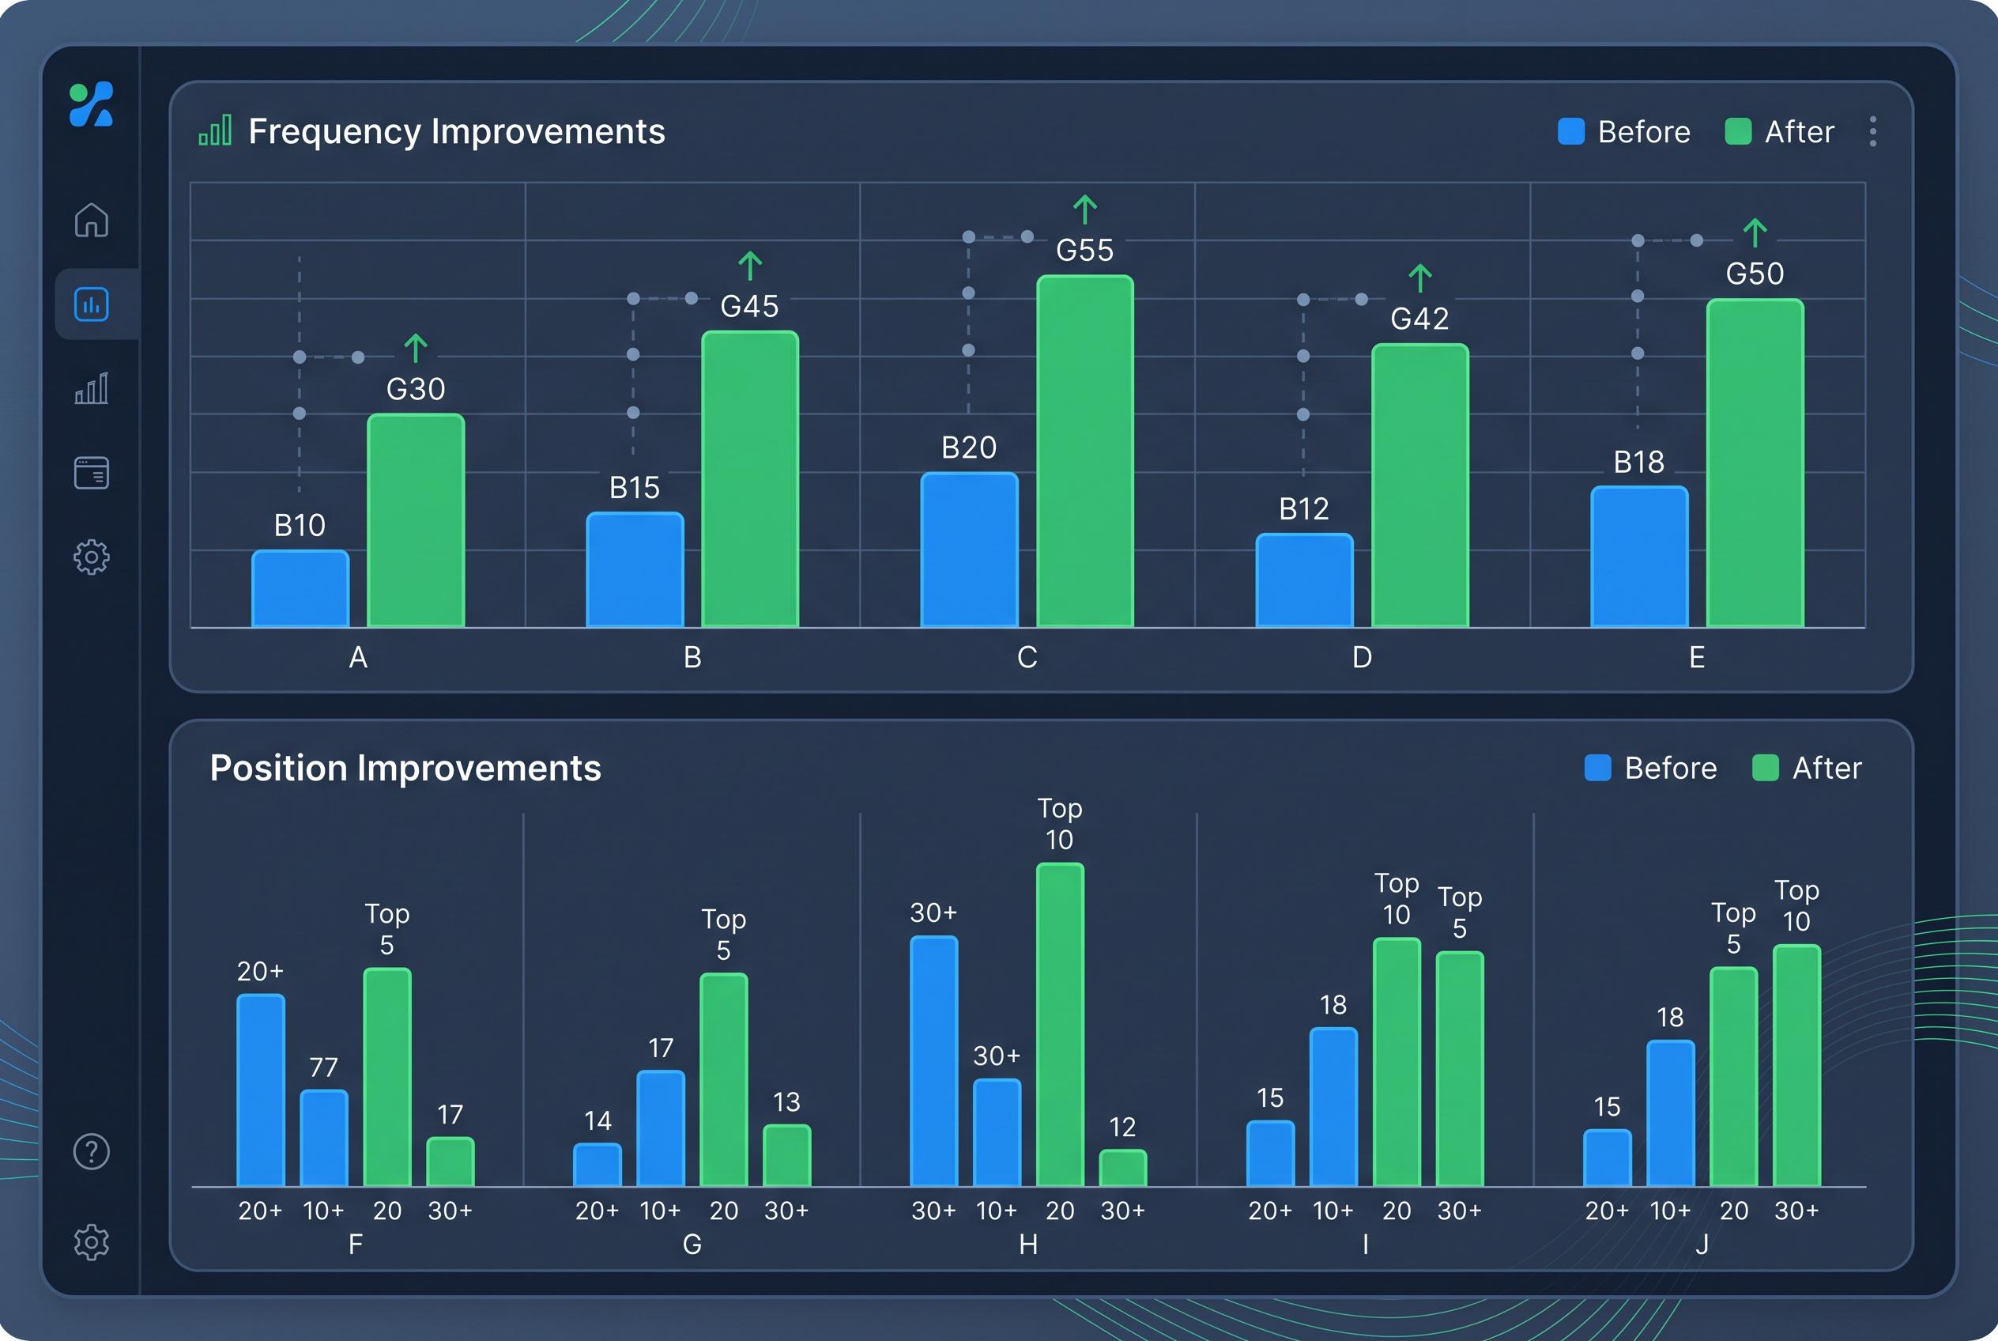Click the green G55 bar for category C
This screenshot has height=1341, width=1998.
pos(1085,451)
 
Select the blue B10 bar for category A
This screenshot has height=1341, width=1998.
pos(300,588)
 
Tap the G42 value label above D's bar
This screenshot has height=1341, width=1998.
pos(1419,319)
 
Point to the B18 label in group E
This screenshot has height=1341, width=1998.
pos(1638,463)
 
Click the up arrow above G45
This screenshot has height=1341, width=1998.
pos(750,266)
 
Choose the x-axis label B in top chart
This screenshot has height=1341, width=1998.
pos(692,658)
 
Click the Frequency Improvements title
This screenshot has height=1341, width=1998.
pos(457,132)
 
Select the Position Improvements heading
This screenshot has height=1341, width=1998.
pos(405,768)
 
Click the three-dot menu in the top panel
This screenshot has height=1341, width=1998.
pos(1872,132)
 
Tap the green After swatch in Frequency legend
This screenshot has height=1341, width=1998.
pos(1738,132)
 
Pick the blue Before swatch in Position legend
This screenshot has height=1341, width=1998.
pos(1597,768)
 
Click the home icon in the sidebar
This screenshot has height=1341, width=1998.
pos(92,220)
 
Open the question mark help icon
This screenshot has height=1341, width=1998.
pos(92,1152)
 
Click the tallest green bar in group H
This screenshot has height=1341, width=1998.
pos(1060,1025)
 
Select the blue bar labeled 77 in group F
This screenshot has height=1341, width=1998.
pos(324,1139)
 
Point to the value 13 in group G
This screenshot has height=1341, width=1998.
pos(786,1101)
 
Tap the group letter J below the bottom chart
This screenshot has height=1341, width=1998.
pos(1702,1245)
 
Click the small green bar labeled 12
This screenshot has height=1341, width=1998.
pos(1122,1169)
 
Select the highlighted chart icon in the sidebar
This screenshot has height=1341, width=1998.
pos(92,304)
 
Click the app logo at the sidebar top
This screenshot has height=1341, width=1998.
pos(92,104)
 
